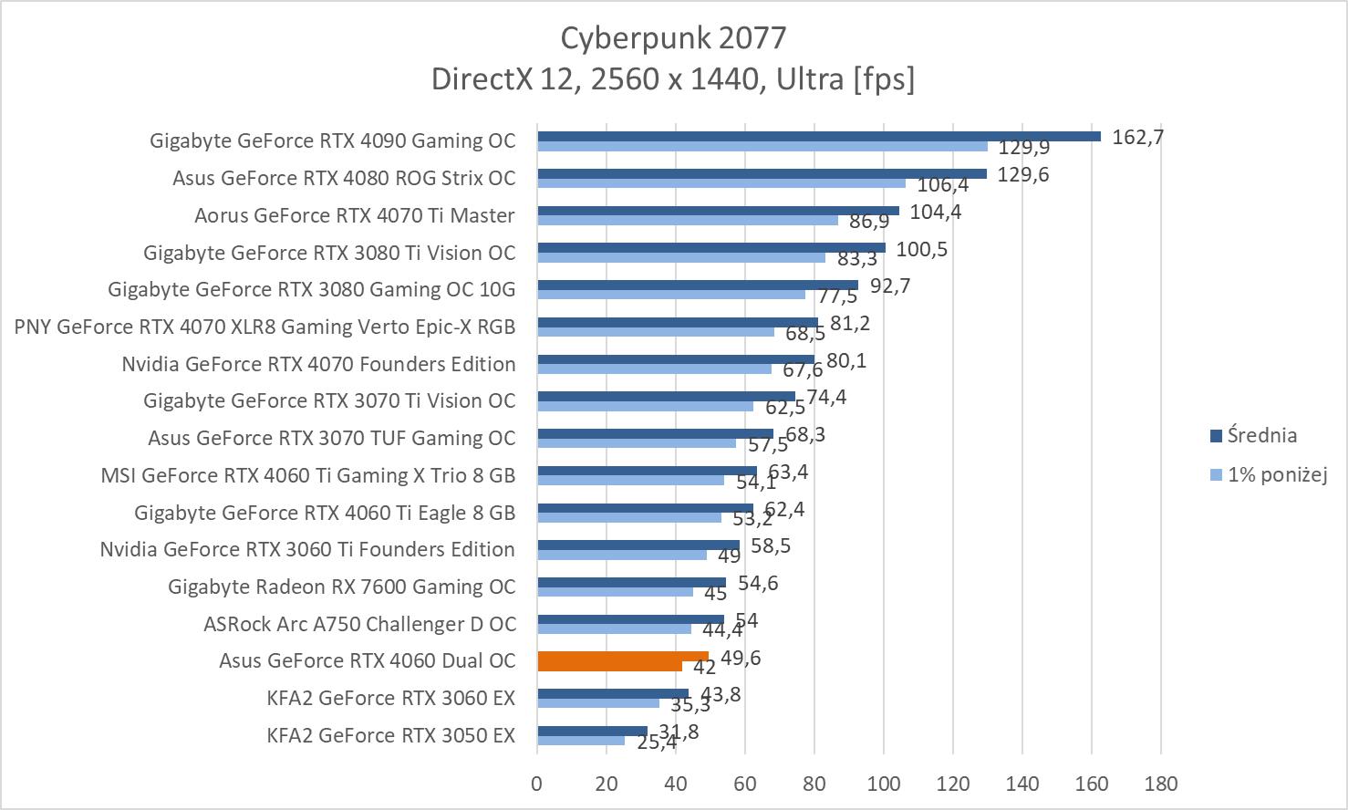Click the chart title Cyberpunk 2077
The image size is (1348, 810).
pos(672,38)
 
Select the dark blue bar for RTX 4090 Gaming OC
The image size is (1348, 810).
pos(818,136)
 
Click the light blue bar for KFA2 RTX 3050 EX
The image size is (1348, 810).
pos(581,741)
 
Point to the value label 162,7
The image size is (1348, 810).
pos(1136,138)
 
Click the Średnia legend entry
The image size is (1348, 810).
pos(1261,435)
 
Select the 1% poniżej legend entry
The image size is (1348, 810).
pos(1276,474)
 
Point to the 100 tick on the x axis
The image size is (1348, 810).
pos(883,784)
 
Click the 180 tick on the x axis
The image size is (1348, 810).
pos(1160,784)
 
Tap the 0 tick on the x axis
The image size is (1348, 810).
pos(537,784)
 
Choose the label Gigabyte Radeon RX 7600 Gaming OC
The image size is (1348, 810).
pos(342,587)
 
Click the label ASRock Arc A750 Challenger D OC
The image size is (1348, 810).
pos(359,624)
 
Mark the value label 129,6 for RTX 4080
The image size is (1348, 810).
pos(1023,174)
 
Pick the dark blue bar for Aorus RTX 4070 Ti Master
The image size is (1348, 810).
pos(718,211)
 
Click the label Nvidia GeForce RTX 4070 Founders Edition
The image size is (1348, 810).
pos(318,364)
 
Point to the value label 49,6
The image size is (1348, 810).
pos(741,659)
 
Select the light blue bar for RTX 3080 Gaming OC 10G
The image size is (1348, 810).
pos(670,295)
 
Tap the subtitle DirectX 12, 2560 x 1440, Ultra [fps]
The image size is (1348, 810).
pos(672,79)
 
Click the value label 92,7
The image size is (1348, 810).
pos(890,286)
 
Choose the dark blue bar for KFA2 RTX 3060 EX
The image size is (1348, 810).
pos(612,694)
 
